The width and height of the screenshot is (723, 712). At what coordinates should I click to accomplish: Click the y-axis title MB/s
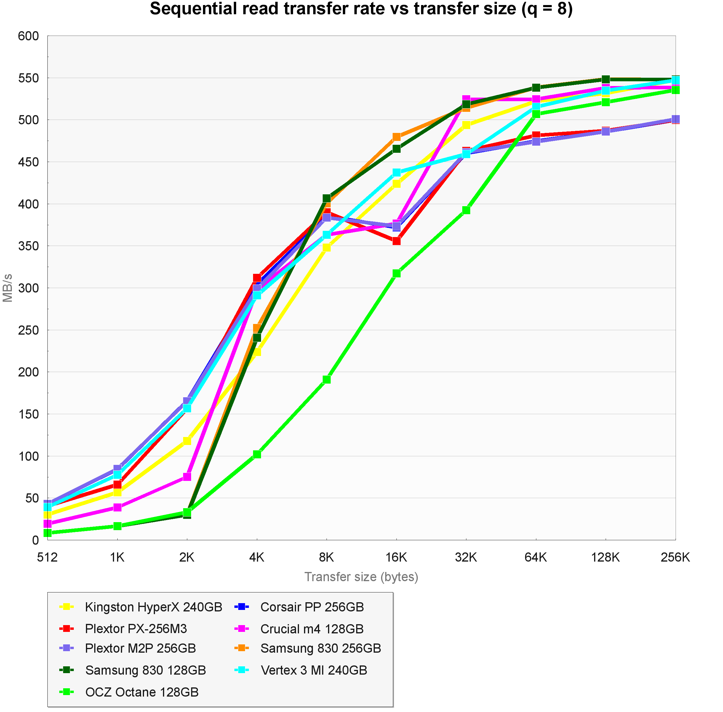click(8, 288)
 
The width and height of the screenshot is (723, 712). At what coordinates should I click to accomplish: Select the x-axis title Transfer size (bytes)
click(361, 577)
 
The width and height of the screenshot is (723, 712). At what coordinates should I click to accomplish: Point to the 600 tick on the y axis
click(28, 36)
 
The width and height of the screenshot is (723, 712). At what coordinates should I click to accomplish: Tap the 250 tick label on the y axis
click(28, 330)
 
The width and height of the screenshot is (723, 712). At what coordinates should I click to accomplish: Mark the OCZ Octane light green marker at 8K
click(327, 379)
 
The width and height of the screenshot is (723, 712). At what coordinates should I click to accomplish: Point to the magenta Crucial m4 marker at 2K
click(187, 477)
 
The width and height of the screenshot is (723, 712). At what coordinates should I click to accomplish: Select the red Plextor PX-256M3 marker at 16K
click(396, 241)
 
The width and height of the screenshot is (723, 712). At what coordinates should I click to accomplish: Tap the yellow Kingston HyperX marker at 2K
click(187, 441)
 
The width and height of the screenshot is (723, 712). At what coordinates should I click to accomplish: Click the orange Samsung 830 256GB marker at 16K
click(396, 137)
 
